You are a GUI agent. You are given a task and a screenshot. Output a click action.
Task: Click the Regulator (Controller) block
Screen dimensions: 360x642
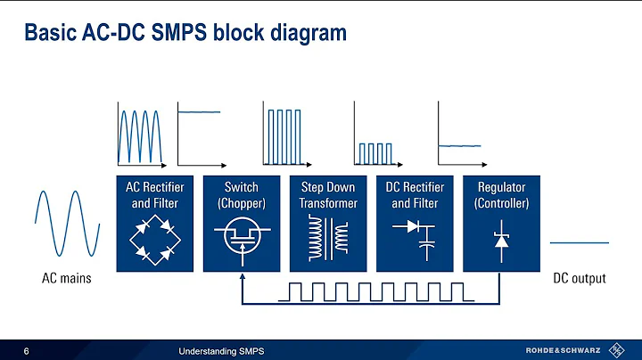pyautogui.click(x=501, y=223)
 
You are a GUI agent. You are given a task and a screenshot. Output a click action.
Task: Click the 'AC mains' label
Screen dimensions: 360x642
pyautogui.click(x=67, y=279)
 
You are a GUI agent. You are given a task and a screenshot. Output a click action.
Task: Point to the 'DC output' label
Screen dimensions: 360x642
pyautogui.click(x=579, y=279)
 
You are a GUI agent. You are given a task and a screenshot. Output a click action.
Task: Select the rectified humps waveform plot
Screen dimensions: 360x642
pyautogui.click(x=142, y=135)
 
